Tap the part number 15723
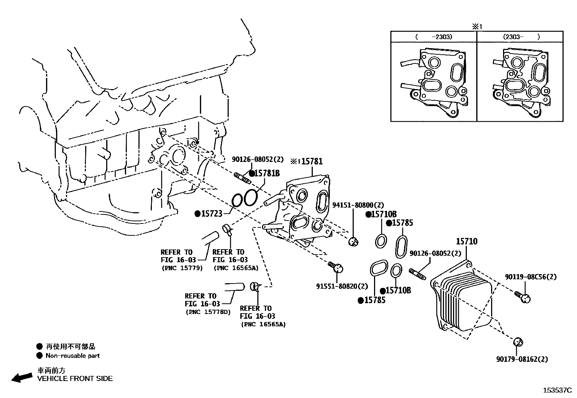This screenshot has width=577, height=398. click(211, 214)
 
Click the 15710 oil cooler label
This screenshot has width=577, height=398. click(466, 241)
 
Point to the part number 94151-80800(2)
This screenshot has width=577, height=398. click(358, 205)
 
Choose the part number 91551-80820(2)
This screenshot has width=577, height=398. click(342, 286)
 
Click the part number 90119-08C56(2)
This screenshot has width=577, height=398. click(531, 277)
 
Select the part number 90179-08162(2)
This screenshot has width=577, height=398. click(522, 359)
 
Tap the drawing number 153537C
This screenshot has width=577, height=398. click(557, 390)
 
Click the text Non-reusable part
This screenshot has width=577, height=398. click(72, 356)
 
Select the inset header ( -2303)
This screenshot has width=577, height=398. click(433, 37)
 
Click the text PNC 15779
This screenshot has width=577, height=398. click(182, 268)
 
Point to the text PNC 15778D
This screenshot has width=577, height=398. click(208, 312)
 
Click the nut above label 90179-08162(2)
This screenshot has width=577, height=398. click(518, 342)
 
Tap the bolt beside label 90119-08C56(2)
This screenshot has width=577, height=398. click(522, 297)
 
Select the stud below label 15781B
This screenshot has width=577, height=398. click(243, 178)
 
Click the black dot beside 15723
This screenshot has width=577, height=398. click(198, 214)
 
